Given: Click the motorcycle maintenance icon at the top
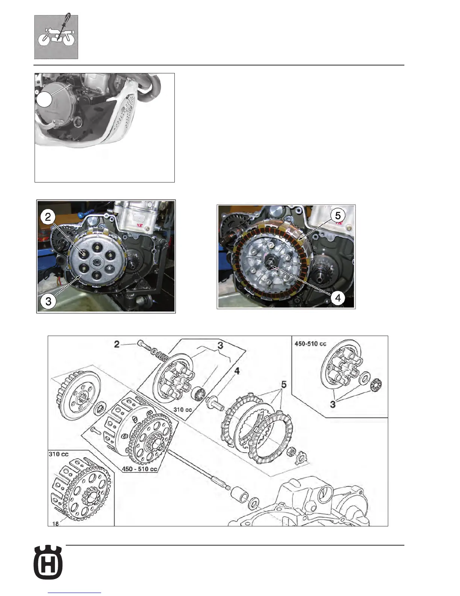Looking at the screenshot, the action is pyautogui.click(x=56, y=37).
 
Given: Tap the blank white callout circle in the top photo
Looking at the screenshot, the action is pyautogui.click(x=44, y=100).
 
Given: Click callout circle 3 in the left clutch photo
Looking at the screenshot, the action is pyautogui.click(x=48, y=301).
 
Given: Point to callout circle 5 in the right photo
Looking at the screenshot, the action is pyautogui.click(x=337, y=216).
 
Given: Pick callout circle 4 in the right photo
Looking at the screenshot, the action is pyautogui.click(x=337, y=298).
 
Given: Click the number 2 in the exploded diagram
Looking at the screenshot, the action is pyautogui.click(x=117, y=344).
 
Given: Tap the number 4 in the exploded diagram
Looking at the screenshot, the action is pyautogui.click(x=237, y=371).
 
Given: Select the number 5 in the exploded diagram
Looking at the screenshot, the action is pyautogui.click(x=284, y=385).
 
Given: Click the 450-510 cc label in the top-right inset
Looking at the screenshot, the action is pyautogui.click(x=310, y=344).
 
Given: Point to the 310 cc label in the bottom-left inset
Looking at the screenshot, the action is pyautogui.click(x=59, y=454).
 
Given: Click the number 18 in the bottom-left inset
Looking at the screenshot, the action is pyautogui.click(x=55, y=523).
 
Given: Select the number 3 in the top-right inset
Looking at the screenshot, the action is pyautogui.click(x=333, y=404).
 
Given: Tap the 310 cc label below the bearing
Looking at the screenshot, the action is pyautogui.click(x=183, y=409).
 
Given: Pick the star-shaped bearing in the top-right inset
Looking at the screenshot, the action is pyautogui.click(x=375, y=386).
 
